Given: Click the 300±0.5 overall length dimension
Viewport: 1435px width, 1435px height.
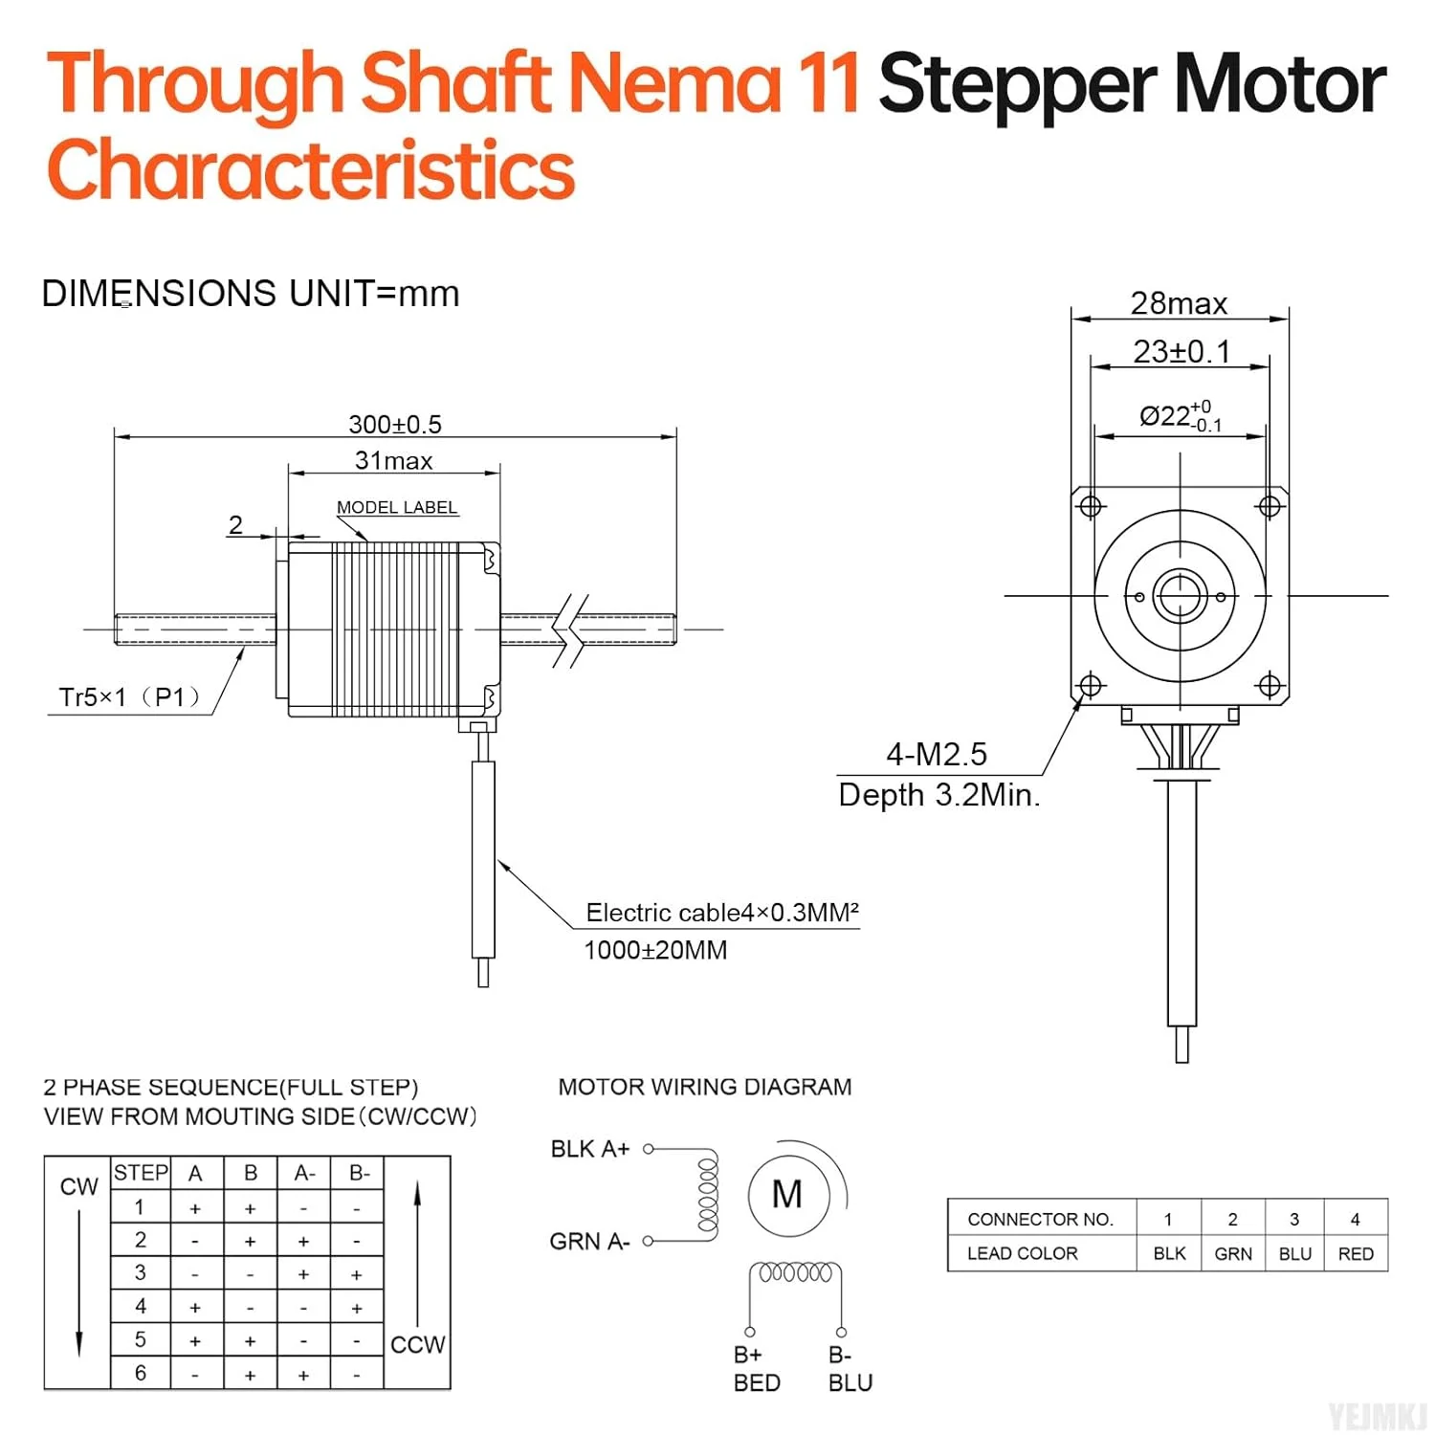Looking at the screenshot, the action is [x=395, y=424].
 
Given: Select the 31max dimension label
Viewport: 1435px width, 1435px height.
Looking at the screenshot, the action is [x=393, y=460].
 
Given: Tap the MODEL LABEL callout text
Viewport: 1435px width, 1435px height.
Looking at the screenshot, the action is [x=397, y=507].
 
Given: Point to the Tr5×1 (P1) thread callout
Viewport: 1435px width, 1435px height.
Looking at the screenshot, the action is [x=130, y=696].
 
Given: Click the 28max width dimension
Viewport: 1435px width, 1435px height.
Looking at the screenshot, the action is [x=1179, y=303].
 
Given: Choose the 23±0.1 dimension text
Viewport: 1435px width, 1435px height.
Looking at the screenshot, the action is [x=1181, y=351].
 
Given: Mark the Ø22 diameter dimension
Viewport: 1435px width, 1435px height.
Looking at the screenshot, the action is [x=1181, y=416].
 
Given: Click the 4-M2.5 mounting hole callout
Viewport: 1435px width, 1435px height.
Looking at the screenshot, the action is [x=937, y=754].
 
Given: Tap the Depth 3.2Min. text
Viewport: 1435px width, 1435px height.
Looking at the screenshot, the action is [x=939, y=794].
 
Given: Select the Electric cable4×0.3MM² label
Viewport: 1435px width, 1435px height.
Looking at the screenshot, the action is [x=722, y=912].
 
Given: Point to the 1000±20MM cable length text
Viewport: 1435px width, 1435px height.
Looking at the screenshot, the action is [x=655, y=950].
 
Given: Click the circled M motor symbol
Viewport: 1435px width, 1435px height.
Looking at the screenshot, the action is [x=787, y=1195].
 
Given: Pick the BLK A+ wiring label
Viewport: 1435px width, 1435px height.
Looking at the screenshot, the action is [x=590, y=1149].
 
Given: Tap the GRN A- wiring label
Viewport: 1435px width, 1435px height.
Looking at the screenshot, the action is [x=589, y=1241].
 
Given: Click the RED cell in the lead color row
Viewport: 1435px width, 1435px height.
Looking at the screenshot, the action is [x=1356, y=1253].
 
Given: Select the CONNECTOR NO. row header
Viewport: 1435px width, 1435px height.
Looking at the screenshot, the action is [x=1041, y=1219].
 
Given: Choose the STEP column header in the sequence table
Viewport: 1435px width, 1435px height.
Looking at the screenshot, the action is [x=141, y=1173].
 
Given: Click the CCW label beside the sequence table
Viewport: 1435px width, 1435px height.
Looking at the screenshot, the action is [x=418, y=1344].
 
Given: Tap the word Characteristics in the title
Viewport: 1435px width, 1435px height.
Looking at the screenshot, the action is [x=311, y=169].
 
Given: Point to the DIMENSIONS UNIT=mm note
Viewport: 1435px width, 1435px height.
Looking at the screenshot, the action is [x=251, y=293].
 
